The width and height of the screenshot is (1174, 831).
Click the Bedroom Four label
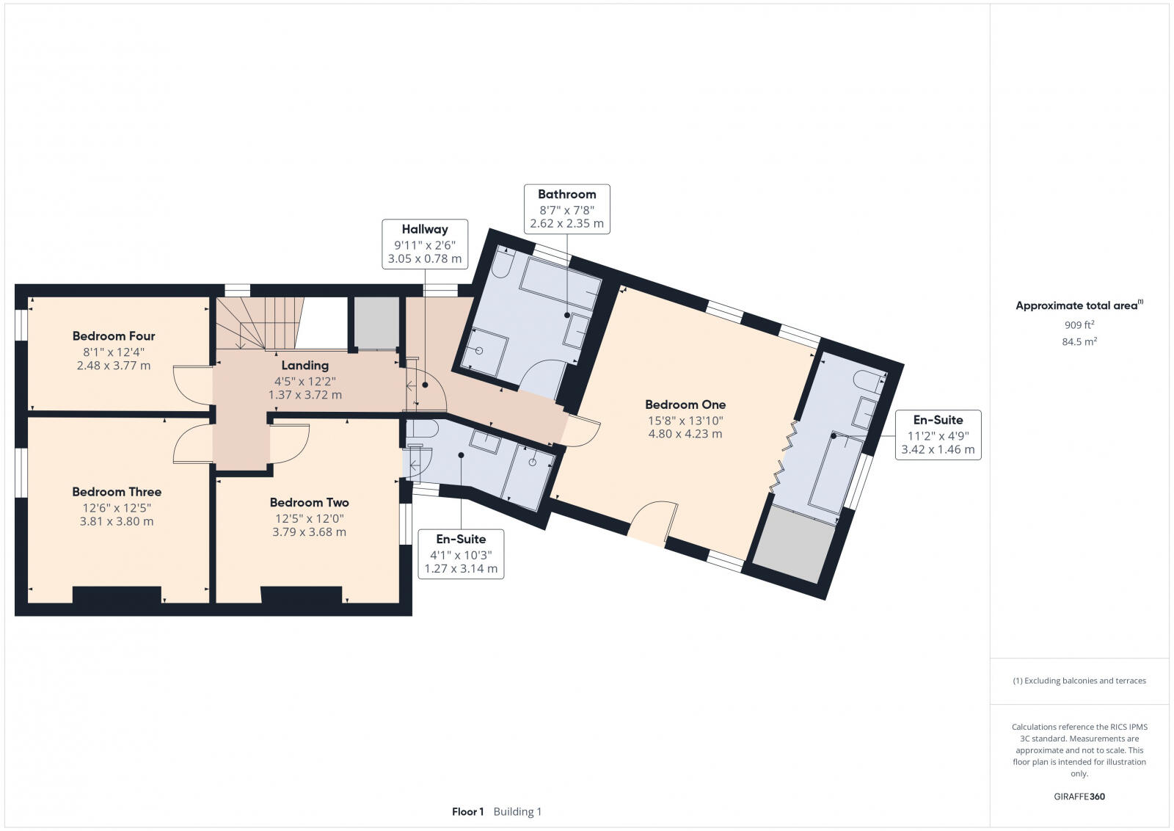(x=114, y=336)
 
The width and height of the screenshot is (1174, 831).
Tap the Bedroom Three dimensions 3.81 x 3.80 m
(x=117, y=522)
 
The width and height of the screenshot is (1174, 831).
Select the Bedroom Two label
(x=309, y=503)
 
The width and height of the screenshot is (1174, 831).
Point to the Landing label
(x=305, y=366)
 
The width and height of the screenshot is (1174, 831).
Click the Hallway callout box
(x=424, y=244)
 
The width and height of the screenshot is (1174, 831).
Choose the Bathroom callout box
(x=566, y=208)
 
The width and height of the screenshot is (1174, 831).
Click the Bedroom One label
(x=685, y=404)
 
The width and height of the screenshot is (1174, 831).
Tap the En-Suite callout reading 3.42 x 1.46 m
(x=937, y=435)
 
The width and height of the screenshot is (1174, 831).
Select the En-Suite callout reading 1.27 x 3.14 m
(x=461, y=554)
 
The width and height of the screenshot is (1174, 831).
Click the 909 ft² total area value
(x=1079, y=324)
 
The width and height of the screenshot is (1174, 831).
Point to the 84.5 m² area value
(x=1079, y=341)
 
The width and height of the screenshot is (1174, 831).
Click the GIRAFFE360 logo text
(x=1079, y=796)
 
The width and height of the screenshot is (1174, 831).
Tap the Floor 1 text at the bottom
(x=467, y=812)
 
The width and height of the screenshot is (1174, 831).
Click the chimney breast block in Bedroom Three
(x=117, y=595)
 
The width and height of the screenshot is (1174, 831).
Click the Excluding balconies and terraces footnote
(x=1079, y=681)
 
